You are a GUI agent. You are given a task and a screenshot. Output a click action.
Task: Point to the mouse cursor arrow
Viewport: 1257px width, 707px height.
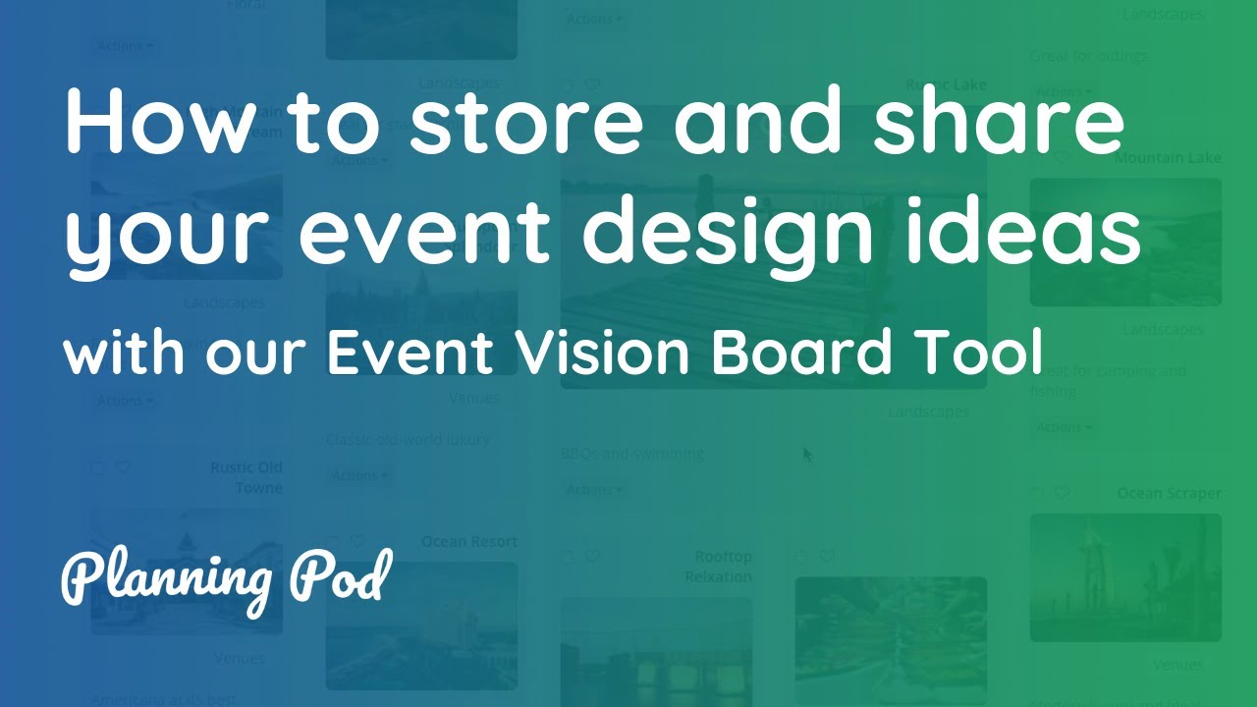point(808,455)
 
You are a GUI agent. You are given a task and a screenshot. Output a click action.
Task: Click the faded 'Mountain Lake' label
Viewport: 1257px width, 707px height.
point(1168,158)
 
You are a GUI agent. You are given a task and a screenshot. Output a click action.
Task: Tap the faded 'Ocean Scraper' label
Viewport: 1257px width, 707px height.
point(1169,494)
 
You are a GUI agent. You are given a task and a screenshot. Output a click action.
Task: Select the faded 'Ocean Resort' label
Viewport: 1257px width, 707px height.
point(469,541)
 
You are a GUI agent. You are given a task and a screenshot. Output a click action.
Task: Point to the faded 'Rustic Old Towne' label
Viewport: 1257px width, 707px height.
point(246,477)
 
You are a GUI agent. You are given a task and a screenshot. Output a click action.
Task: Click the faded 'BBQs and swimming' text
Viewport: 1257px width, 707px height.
point(632,454)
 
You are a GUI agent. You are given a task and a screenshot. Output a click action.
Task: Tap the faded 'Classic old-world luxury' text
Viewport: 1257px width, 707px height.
point(408,439)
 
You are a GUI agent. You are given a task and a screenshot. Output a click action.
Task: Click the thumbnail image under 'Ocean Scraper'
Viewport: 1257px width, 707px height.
point(1125,577)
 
